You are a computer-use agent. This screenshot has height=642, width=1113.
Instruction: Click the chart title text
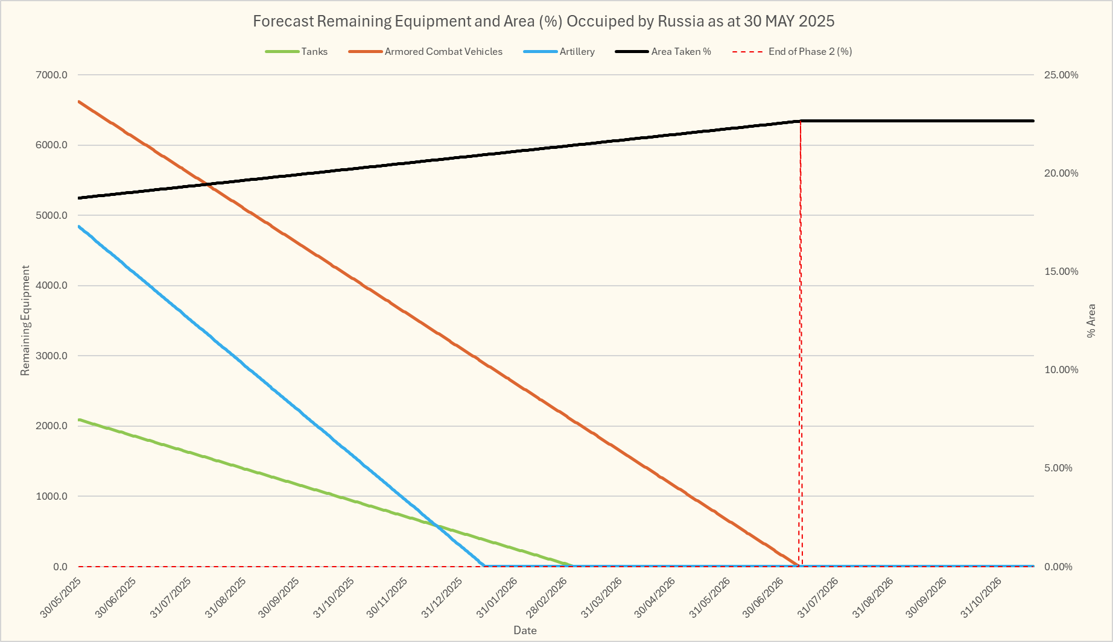click(544, 21)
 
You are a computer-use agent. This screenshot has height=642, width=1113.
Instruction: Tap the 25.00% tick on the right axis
click(1061, 75)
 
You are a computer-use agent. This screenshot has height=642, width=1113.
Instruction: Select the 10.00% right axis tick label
click(1061, 370)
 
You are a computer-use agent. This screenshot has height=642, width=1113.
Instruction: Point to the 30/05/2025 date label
click(62, 597)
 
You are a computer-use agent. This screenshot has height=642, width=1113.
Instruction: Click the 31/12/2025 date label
click(442, 597)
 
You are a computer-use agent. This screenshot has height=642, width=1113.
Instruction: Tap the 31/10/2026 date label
click(981, 597)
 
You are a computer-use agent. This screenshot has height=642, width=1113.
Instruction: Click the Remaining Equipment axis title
click(25, 321)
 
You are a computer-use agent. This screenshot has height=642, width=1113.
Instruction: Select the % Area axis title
click(1091, 321)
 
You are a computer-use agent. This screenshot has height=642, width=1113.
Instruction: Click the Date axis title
click(525, 631)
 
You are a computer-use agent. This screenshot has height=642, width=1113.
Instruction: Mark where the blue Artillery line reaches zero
click(484, 565)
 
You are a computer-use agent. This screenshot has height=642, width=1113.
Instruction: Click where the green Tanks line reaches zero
click(571, 565)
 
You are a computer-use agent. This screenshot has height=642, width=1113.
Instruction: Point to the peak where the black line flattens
click(801, 121)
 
